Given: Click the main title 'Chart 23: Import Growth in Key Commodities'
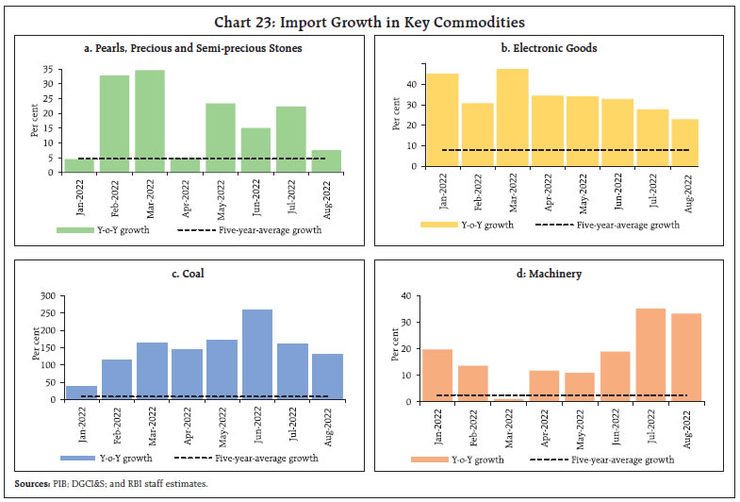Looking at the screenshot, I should coord(370,21).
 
